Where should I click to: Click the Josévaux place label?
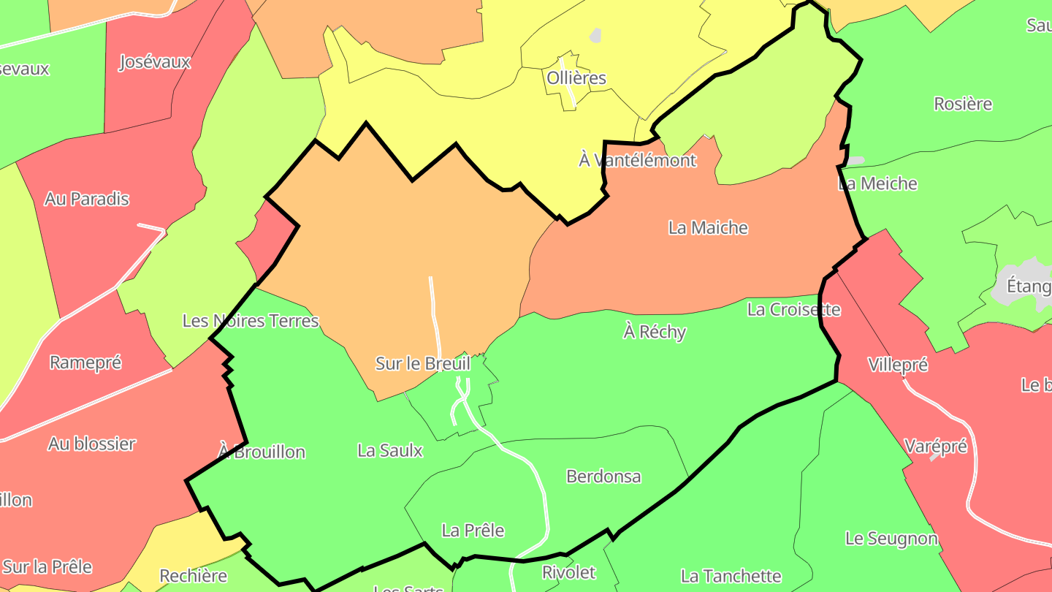(x=154, y=62)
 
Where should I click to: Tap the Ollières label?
(x=576, y=77)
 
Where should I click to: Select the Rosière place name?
(x=963, y=104)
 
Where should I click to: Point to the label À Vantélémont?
(x=638, y=160)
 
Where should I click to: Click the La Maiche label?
(x=708, y=228)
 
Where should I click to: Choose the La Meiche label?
(x=877, y=183)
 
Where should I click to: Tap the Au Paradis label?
(x=86, y=199)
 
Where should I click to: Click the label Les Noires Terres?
(x=251, y=321)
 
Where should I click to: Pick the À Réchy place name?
(x=655, y=332)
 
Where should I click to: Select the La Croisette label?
(x=793, y=310)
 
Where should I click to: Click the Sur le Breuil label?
(x=422, y=363)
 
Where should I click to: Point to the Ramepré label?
(x=85, y=363)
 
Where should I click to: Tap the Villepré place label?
(x=898, y=365)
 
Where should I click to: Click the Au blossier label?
(x=92, y=444)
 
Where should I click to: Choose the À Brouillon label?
(x=262, y=452)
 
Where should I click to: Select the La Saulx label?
(x=390, y=451)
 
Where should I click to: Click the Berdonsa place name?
(x=603, y=477)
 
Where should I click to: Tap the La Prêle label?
(x=473, y=531)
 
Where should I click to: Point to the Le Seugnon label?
(x=891, y=539)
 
